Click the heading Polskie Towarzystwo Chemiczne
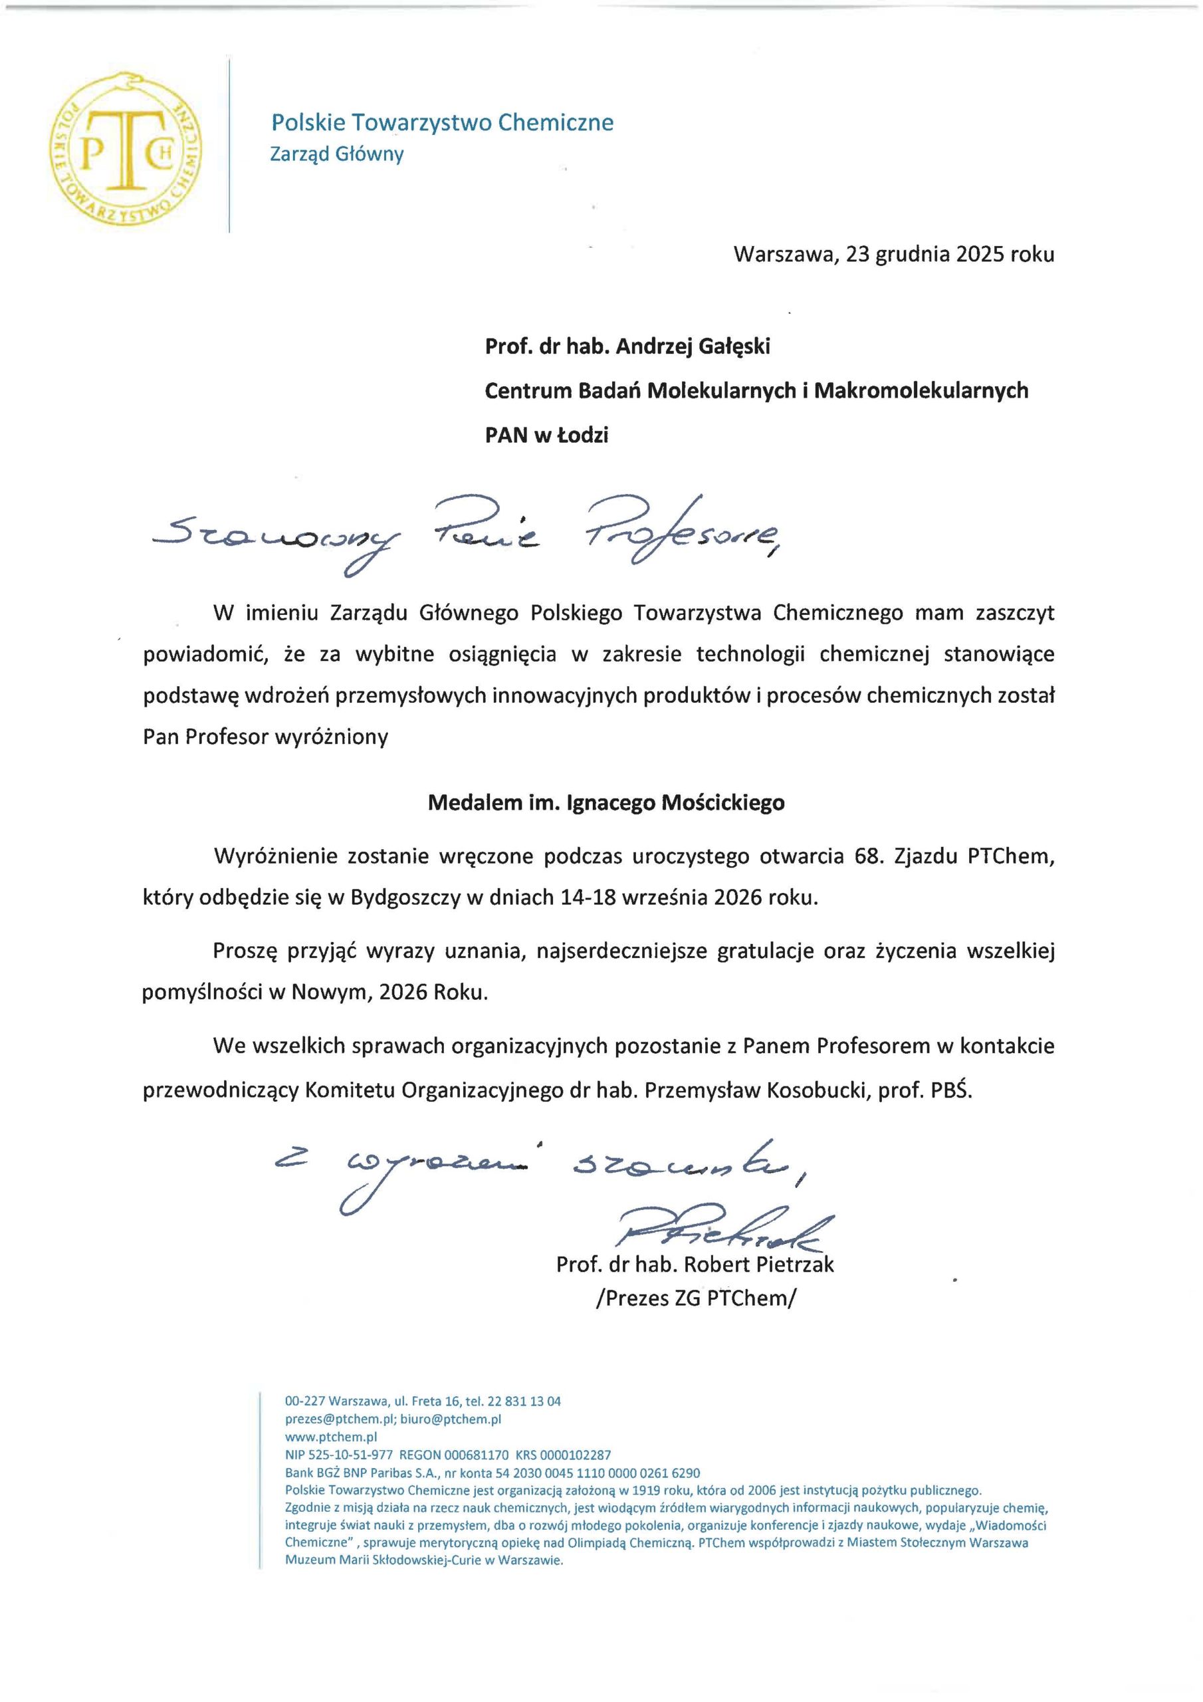[443, 122]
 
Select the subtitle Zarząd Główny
[336, 154]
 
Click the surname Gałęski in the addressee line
[734, 346]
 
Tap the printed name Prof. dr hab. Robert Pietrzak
[695, 1264]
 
